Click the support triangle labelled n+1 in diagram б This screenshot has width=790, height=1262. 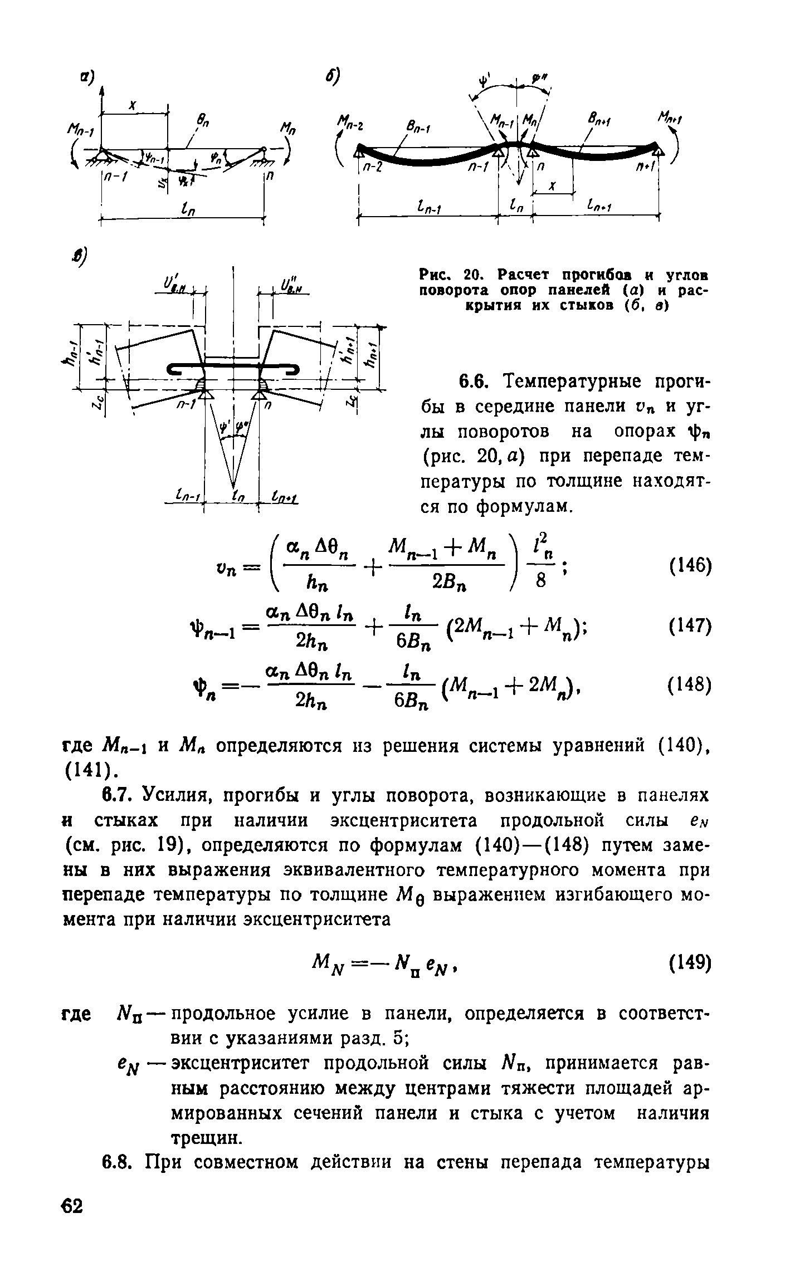click(x=659, y=150)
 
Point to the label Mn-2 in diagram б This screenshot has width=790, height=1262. click(x=350, y=123)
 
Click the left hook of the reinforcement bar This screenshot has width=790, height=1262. click(x=175, y=369)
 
